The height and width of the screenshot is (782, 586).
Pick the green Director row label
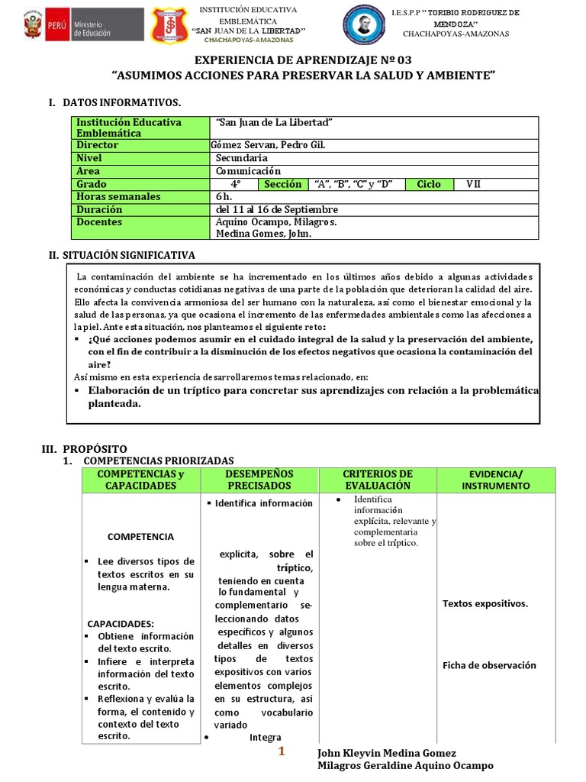97,145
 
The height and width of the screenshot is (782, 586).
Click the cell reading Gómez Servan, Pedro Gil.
261,145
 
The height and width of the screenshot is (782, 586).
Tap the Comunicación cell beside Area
248,171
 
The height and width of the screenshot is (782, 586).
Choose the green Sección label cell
282,184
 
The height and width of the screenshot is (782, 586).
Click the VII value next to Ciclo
473,184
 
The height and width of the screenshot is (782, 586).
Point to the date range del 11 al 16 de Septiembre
277,209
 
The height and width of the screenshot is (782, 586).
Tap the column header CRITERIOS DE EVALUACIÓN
378,480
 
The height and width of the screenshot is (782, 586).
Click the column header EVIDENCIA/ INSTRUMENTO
496,480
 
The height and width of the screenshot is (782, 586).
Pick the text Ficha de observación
489,665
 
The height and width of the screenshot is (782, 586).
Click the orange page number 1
281,752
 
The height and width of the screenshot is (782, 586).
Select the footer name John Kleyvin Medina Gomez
388,752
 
